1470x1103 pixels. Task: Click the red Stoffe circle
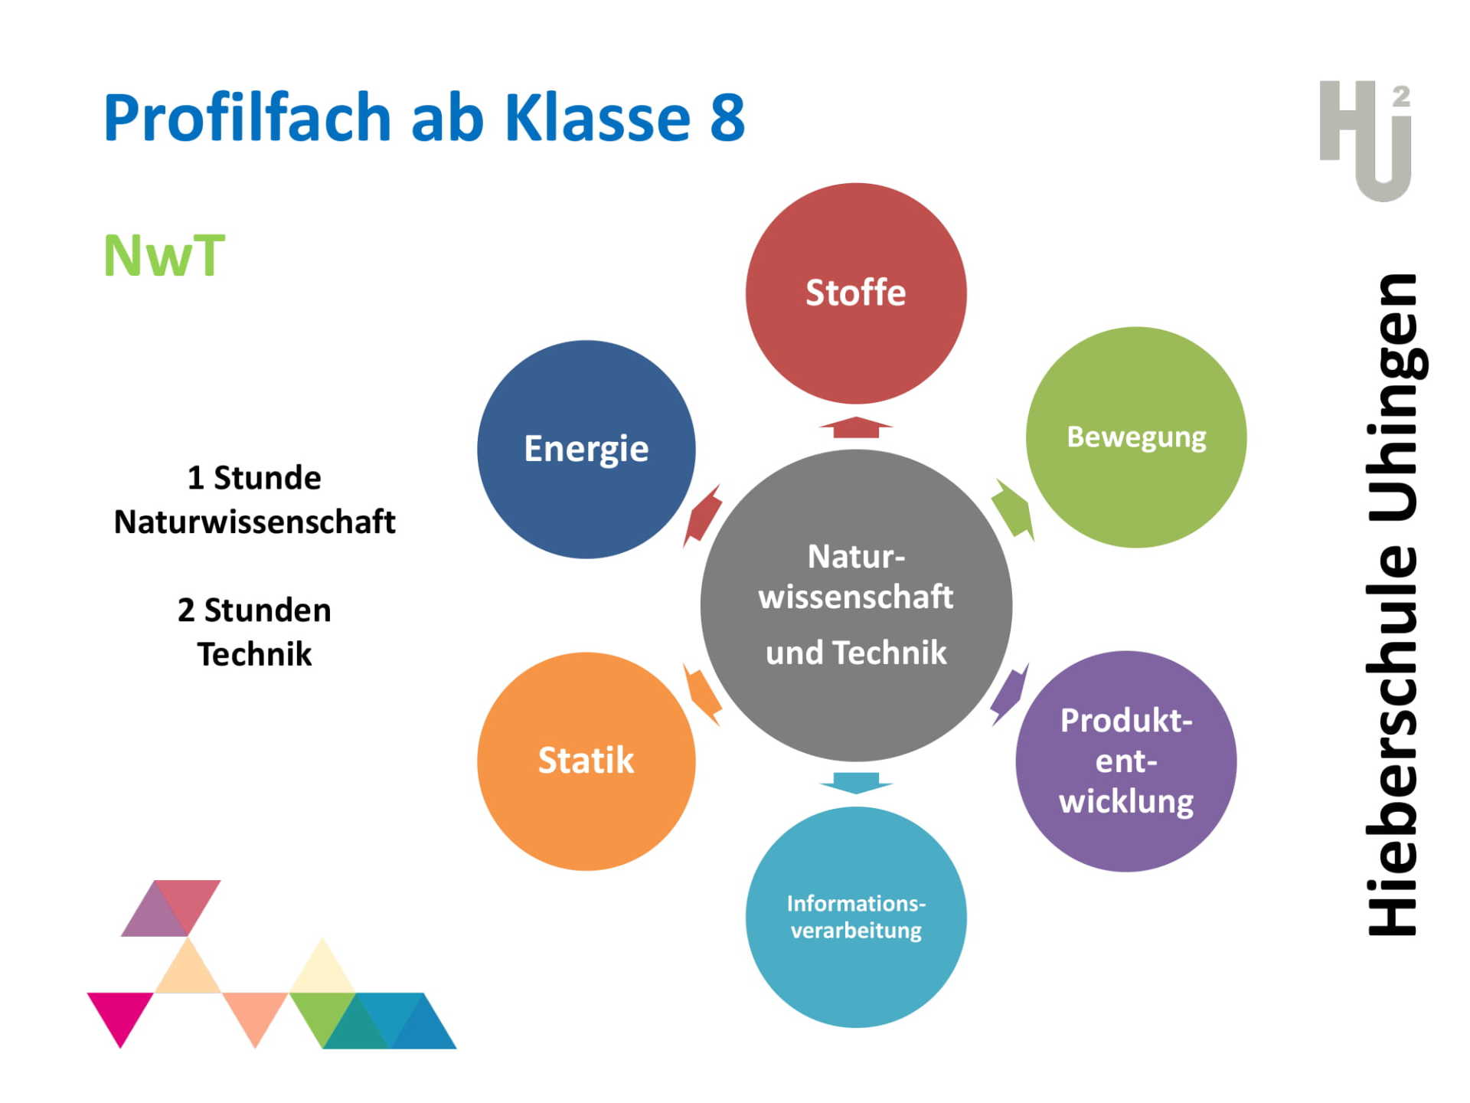point(856,293)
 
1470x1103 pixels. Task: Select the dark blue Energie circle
point(586,450)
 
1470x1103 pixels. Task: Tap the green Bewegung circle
point(1136,437)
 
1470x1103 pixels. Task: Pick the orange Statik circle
point(586,761)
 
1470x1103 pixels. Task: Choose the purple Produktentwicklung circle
point(1126,761)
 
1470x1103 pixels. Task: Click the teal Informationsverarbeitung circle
point(856,917)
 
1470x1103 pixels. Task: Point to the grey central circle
point(856,605)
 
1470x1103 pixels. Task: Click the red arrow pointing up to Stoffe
point(856,427)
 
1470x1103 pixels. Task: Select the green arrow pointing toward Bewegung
point(1013,510)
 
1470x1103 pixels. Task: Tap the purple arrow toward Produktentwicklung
point(1010,695)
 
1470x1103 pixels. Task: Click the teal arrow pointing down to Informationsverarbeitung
point(856,784)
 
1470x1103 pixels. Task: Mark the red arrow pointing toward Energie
point(702,515)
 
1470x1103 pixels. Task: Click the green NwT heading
point(165,256)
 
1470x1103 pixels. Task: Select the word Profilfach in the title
point(248,116)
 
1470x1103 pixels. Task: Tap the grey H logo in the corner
point(1366,141)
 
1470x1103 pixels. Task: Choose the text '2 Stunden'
point(254,610)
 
